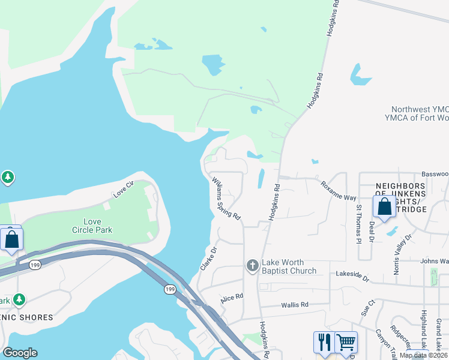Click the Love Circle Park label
point(92,226)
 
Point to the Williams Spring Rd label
point(226,197)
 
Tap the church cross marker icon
point(253,265)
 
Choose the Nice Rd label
point(232,297)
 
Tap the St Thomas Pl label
point(358,224)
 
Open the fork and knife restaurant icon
point(324,342)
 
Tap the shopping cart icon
point(346,342)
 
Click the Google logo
point(20,353)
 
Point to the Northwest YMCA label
point(420,113)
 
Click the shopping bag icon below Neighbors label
point(384,207)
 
